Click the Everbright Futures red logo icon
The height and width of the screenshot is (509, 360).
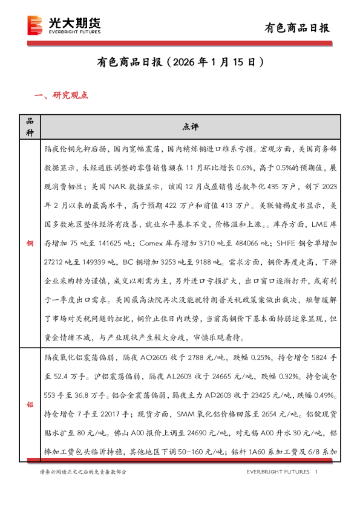click(37, 25)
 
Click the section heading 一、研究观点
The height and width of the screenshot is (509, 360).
click(62, 95)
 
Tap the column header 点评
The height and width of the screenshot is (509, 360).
click(189, 126)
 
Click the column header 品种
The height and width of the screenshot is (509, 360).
click(30, 126)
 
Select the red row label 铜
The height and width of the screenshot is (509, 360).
click(30, 243)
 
